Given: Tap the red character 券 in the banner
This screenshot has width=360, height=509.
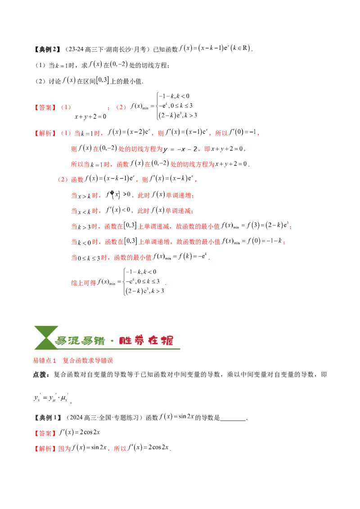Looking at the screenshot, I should tap(140, 340).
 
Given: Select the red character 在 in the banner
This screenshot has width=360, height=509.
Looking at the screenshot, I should tap(153, 340).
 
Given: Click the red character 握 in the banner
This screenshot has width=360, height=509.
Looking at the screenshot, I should tap(166, 340).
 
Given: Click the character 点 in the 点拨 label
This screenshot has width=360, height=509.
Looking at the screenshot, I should tap(36, 374).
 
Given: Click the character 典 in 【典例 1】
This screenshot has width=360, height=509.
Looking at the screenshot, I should tap(43, 418).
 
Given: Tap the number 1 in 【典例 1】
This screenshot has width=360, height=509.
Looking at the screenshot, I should tap(56, 418).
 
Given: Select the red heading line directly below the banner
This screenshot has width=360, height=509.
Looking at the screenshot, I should tap(73, 361).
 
